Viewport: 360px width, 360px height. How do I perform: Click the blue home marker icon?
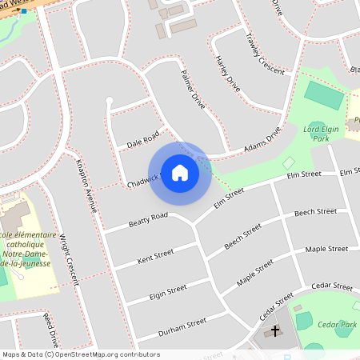click(180, 173)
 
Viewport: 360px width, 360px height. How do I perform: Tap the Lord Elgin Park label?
click(327, 133)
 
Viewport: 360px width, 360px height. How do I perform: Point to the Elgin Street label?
click(167, 292)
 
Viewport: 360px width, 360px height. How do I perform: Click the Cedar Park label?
click(335, 324)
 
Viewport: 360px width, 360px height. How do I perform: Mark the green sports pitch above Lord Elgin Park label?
click(324, 95)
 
